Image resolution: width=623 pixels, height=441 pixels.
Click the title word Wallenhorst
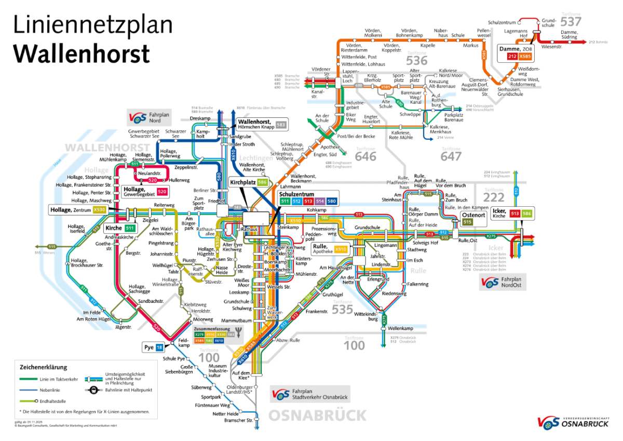pyautogui.click(x=82, y=54)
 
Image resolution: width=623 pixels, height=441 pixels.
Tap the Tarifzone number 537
pyautogui.click(x=571, y=22)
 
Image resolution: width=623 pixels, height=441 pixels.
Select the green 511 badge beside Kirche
pyautogui.click(x=130, y=228)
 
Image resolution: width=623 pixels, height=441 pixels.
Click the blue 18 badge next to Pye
pyautogui.click(x=159, y=347)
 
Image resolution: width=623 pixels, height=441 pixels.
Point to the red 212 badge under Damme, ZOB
pyautogui.click(x=511, y=56)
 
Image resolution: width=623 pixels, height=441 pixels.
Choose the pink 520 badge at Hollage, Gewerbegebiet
pyautogui.click(x=162, y=191)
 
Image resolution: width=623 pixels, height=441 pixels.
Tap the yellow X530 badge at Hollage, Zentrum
pyautogui.click(x=100, y=210)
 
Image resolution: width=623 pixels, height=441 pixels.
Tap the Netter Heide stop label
pyautogui.click(x=226, y=413)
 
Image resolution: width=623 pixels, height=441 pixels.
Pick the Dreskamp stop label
pyautogui.click(x=200, y=118)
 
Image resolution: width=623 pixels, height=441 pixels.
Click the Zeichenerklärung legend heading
pyautogui.click(x=44, y=367)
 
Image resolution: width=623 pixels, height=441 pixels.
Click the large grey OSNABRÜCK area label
pyautogui.click(x=317, y=416)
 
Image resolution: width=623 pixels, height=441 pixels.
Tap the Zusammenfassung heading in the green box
pyautogui.click(x=212, y=329)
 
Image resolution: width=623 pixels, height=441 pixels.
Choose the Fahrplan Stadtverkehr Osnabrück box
pyautogui.click(x=310, y=394)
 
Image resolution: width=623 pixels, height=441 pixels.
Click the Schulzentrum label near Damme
pyautogui.click(x=502, y=22)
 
